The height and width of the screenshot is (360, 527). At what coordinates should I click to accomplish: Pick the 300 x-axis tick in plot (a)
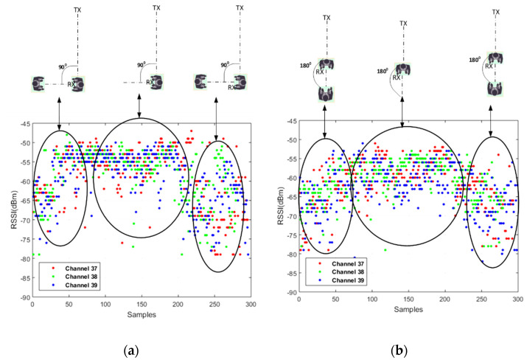pyautogui.click(x=251, y=304)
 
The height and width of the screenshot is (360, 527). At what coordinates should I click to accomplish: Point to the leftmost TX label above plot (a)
pyautogui.click(x=78, y=8)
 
